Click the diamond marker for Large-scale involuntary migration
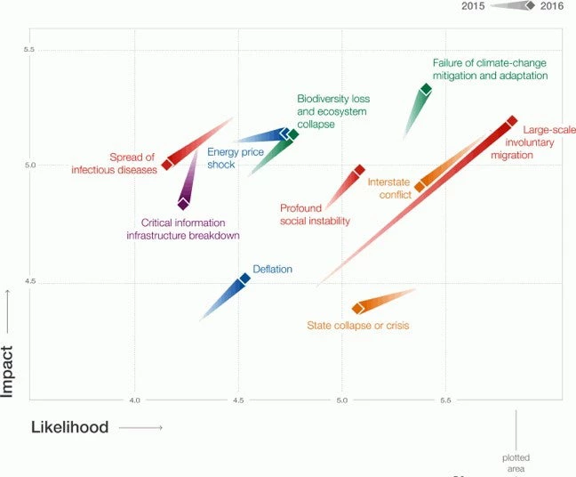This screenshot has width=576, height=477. coord(512,121)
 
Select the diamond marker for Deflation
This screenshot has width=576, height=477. coord(244,279)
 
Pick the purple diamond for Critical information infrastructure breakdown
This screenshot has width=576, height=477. coord(183,204)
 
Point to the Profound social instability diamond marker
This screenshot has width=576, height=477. coord(359,170)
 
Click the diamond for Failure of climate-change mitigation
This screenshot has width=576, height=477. coord(426,89)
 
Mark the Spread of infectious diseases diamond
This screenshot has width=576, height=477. coord(167,165)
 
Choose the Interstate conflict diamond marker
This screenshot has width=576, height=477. coord(420,187)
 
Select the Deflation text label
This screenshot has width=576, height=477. coord(272,269)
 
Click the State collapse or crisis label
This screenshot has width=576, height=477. coord(357,326)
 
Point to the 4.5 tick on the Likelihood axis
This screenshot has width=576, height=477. coord(238,401)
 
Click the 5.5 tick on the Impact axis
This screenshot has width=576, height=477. coord(30,50)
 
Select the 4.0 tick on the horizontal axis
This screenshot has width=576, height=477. coord(135,401)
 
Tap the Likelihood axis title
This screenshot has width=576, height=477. coord(69,427)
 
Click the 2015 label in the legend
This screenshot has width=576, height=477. coord(473,6)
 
